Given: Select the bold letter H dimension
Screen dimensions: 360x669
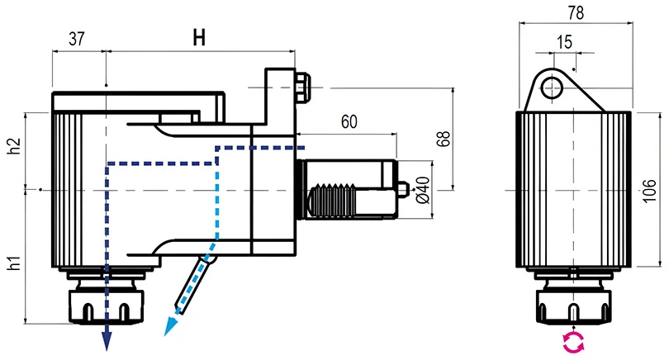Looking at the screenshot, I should tap(198, 37).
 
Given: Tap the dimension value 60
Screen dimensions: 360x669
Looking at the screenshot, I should tap(348, 122).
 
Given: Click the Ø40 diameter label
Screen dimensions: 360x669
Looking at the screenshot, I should tap(421, 191).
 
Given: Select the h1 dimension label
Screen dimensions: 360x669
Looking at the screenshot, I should tap(13, 263).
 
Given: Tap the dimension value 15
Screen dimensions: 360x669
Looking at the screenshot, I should tap(564, 41).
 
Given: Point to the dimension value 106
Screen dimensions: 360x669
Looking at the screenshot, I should tap(650, 191).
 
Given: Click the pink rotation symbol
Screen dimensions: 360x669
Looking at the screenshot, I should tap(572, 343).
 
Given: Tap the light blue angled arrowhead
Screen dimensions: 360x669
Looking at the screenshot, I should tap(171, 326).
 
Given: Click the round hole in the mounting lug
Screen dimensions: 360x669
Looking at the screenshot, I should tap(552, 85).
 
